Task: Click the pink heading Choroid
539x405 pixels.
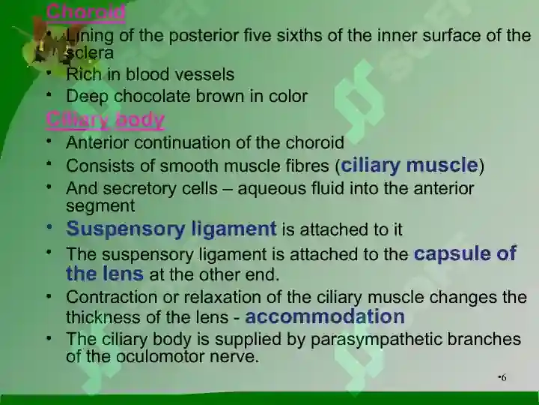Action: point(85,12)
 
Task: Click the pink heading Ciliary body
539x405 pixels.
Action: point(106,120)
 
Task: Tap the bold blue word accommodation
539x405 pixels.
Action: point(325,316)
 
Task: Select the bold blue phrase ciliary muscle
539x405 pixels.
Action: point(409,165)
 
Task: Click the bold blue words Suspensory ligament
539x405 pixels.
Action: point(171,229)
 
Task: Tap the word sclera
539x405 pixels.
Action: point(90,53)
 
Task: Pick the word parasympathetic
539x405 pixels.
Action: point(377,339)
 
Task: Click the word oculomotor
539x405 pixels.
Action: point(160,356)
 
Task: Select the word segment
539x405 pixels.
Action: point(100,206)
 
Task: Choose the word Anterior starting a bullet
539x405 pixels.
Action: point(97,142)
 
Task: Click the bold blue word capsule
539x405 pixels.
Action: point(452,254)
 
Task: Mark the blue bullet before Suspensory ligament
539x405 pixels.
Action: point(49,227)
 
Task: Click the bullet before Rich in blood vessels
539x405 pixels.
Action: point(49,73)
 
